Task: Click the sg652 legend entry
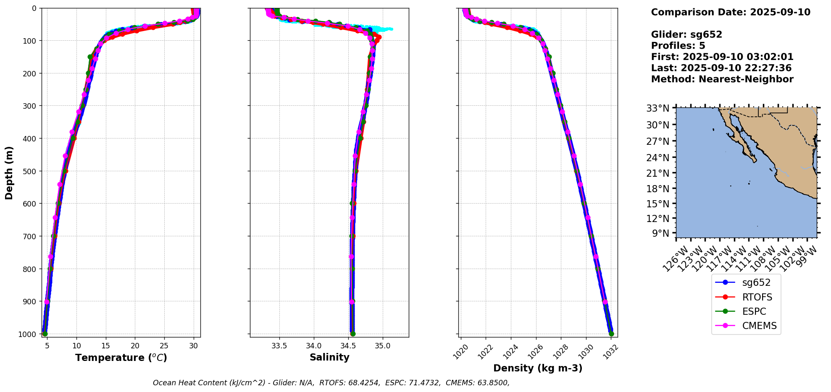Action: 746,283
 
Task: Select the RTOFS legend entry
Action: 746,297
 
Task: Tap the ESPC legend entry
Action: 746,311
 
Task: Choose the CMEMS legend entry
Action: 746,326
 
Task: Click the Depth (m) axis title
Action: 9,172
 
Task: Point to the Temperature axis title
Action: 121,358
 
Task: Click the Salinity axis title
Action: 329,358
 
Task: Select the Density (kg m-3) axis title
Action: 538,368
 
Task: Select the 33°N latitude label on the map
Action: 657,108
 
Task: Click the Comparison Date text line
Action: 731,12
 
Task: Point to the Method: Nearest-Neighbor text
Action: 722,79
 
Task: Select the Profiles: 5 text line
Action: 678,46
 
